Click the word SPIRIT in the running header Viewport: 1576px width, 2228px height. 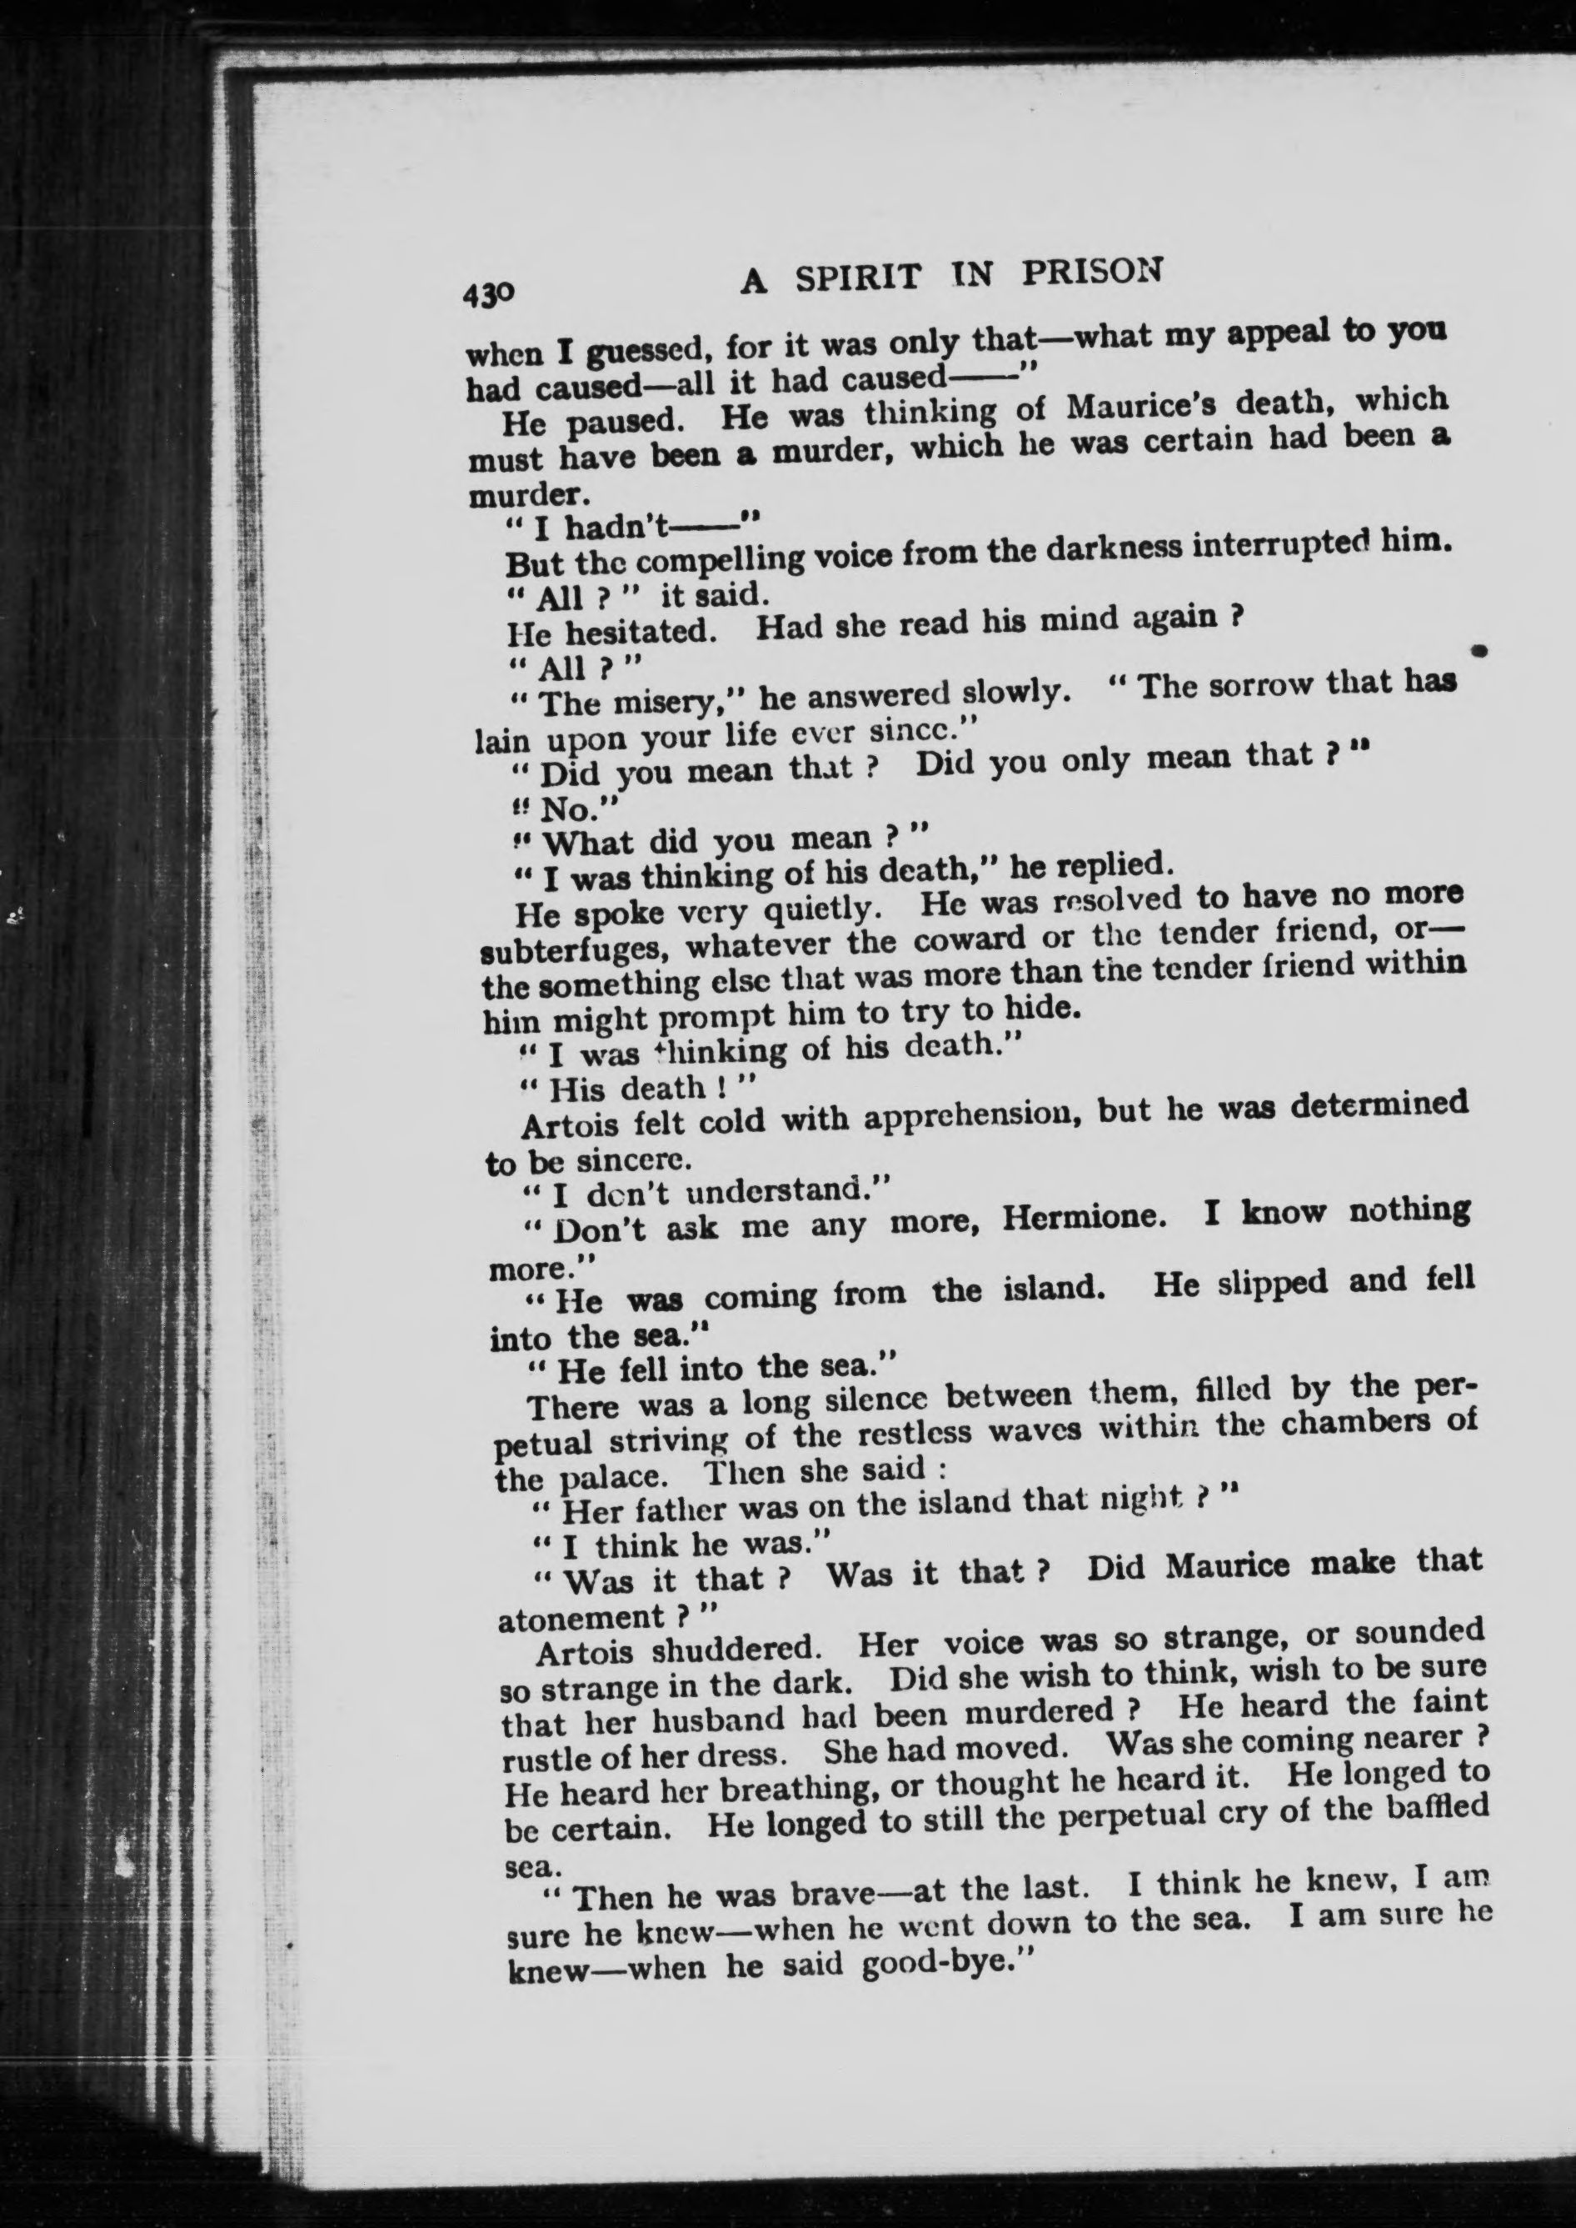click(857, 278)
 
